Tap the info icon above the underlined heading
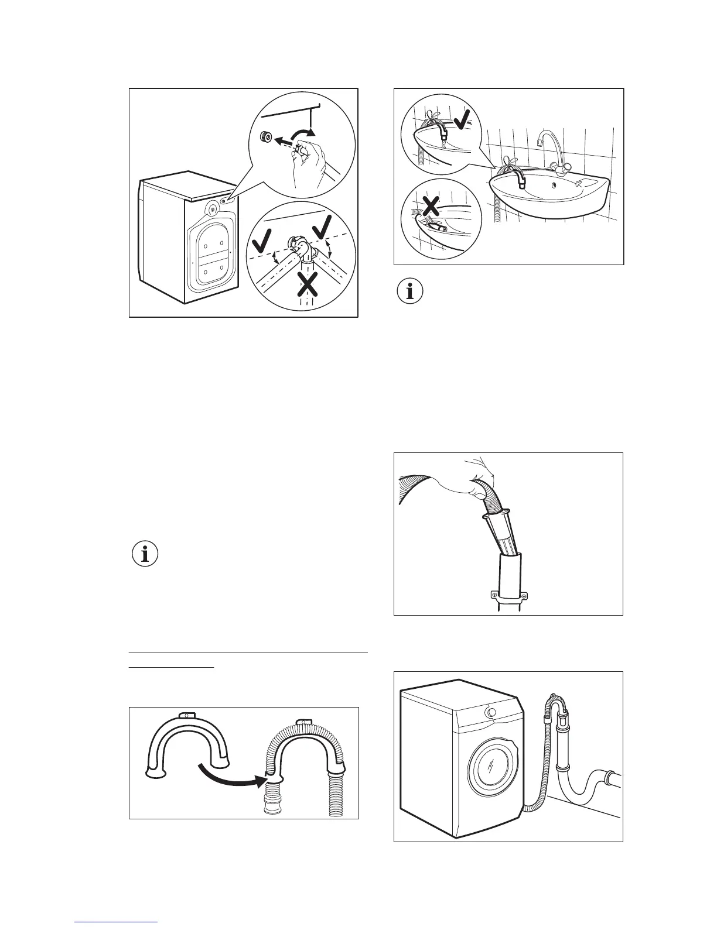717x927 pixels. point(145,554)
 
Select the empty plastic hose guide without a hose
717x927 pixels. point(186,743)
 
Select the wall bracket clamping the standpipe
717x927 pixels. point(507,597)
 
